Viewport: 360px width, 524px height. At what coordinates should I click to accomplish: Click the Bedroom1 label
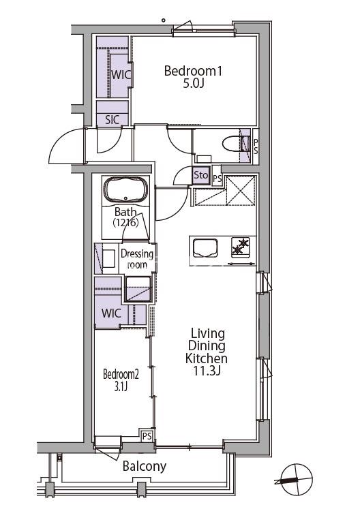193,71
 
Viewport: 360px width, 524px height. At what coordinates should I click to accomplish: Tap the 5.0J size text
193,84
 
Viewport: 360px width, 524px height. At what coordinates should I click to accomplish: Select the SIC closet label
112,120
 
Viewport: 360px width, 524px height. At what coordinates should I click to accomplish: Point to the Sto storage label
201,174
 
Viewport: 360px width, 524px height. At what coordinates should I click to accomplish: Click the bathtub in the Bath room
125,190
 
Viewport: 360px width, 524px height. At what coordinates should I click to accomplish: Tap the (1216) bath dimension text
125,222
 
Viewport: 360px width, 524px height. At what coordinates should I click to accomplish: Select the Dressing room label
137,259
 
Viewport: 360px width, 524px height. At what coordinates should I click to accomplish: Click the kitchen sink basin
205,248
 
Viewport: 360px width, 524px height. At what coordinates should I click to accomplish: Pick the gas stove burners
240,246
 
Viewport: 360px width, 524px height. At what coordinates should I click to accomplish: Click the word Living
207,333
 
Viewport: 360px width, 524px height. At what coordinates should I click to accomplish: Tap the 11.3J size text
207,371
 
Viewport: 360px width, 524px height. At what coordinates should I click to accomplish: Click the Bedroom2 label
121,374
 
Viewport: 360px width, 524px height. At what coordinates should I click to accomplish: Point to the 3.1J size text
121,386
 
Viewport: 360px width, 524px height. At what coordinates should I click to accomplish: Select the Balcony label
145,466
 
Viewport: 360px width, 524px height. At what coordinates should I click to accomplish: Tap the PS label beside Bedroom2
147,436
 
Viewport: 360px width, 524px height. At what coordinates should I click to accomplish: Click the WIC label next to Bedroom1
121,74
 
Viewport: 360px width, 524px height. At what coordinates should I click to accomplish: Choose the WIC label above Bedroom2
111,313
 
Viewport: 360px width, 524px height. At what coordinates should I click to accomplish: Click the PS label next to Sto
217,178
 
